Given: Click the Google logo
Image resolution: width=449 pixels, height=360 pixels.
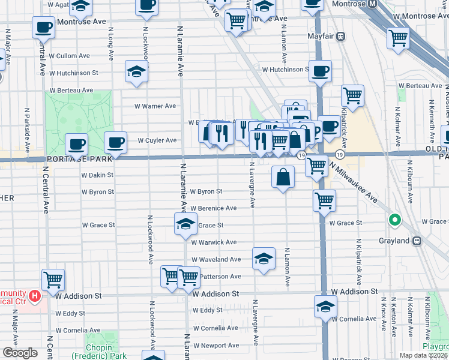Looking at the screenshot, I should click(x=20, y=353).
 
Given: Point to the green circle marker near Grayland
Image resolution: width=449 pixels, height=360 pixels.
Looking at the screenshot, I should click(x=395, y=220).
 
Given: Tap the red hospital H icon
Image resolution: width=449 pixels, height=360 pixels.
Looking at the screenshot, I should click(x=35, y=295).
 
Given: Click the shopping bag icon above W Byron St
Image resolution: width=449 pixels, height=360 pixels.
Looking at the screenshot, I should click(x=283, y=178).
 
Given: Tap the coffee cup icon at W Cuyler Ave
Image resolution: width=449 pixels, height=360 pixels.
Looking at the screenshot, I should click(x=115, y=143).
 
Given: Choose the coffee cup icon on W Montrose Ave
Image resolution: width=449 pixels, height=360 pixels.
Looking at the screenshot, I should click(x=43, y=28).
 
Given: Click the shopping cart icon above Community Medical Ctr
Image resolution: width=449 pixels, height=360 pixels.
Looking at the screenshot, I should click(x=53, y=279).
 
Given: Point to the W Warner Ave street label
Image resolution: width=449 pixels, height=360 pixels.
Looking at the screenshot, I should click(x=155, y=106).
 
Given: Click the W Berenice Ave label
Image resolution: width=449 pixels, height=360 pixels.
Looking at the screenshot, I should click(x=214, y=208).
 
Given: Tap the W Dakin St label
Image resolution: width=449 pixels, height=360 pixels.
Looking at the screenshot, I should click(x=97, y=175).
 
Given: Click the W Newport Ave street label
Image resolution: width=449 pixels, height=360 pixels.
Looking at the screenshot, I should click(x=215, y=346).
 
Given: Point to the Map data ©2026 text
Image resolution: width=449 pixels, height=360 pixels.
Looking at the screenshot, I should click(x=423, y=355).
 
